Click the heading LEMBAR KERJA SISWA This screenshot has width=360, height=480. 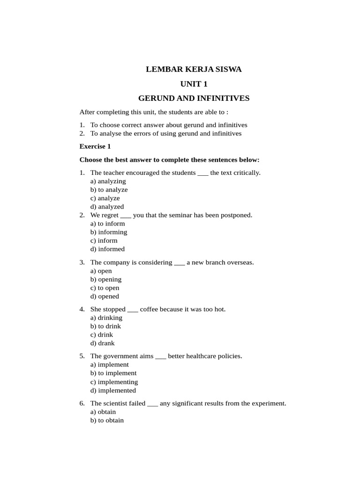[x=194, y=70]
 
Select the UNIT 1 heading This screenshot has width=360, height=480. [x=194, y=84]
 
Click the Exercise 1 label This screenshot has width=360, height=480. [x=95, y=146]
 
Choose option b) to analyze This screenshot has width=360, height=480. [x=109, y=190]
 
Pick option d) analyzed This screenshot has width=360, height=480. [x=107, y=207]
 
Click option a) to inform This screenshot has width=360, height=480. [x=107, y=224]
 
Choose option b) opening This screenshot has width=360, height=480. [x=105, y=279]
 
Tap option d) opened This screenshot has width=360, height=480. [x=105, y=296]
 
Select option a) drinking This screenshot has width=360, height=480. [x=106, y=318]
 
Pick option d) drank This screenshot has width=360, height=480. [x=102, y=343]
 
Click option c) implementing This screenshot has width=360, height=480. [x=114, y=382]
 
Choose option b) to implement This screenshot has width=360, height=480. [x=113, y=373]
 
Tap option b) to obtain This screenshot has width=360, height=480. [x=107, y=420]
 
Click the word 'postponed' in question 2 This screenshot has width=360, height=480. [x=236, y=215]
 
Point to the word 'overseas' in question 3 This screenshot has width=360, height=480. [x=240, y=262]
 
